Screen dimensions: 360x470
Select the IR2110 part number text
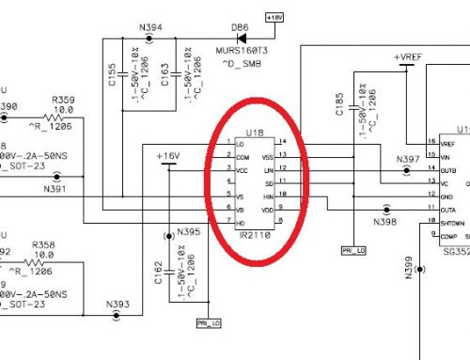(x=256, y=232)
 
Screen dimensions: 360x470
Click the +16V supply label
(x=168, y=155)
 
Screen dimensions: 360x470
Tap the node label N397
(x=408, y=159)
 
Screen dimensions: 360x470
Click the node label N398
(x=386, y=223)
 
